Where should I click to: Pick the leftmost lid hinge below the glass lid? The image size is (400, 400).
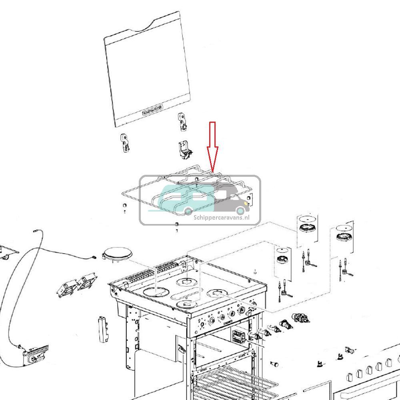tap(125, 143)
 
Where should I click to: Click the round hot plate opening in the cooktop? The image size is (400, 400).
tap(155, 291)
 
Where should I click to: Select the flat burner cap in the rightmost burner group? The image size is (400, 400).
tap(344, 228)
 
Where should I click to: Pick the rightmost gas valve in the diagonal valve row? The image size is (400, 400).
tap(302, 319)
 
